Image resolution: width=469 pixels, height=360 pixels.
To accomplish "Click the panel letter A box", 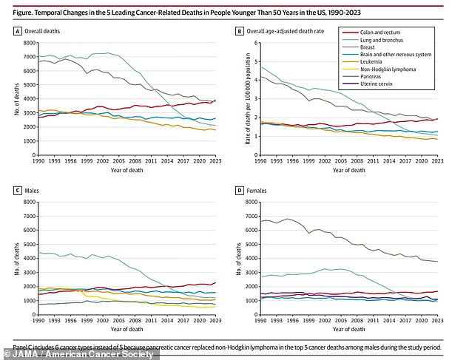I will click(18, 32).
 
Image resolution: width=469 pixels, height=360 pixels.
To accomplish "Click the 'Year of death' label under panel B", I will click(348, 170).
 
